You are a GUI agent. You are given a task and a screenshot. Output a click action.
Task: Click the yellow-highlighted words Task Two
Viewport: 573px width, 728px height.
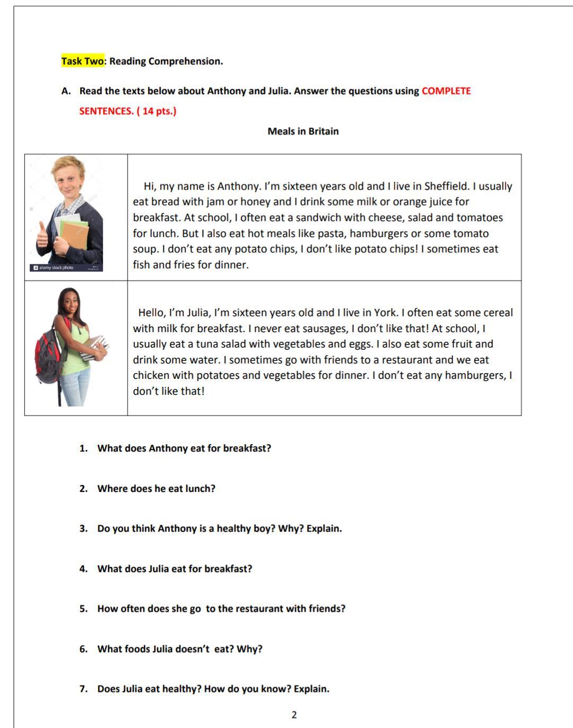(83, 61)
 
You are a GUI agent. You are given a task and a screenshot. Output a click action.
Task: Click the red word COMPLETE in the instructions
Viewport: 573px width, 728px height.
(446, 91)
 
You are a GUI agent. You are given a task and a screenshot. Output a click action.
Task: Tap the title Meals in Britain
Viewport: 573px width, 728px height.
(303, 131)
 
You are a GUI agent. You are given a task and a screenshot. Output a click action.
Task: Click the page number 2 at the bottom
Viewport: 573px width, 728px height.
(294, 715)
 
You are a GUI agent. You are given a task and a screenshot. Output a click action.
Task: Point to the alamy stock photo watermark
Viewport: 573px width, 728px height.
(53, 267)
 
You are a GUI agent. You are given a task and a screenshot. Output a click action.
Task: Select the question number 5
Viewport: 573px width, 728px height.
(83, 609)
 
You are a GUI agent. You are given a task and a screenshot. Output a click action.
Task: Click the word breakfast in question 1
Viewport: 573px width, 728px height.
(247, 448)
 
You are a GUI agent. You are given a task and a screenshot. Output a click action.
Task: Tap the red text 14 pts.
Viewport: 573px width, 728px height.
(158, 111)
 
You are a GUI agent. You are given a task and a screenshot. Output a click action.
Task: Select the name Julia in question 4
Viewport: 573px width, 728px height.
(158, 569)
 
